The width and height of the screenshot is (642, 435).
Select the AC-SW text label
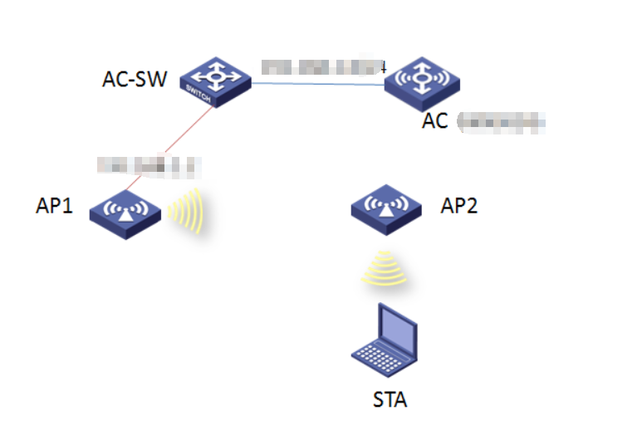[135, 80]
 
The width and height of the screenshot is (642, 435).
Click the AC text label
[434, 121]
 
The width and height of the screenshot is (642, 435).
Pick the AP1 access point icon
[125, 212]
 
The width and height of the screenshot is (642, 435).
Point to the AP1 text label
[55, 207]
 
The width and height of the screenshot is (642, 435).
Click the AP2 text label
[459, 207]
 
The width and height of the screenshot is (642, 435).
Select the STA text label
[390, 400]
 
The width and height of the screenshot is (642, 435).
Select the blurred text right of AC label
[502, 124]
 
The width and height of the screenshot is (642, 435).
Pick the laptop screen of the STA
[397, 326]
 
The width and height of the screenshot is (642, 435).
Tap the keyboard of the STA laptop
[378, 356]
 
